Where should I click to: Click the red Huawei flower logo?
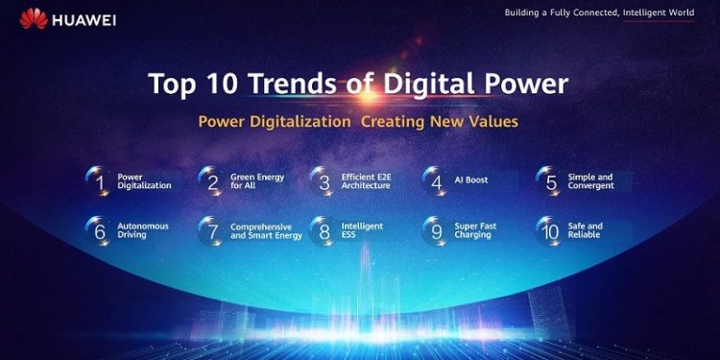(34, 19)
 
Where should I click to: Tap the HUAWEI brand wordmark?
(84, 20)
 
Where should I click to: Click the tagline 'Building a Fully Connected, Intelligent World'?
(599, 12)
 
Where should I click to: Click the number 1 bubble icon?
(98, 181)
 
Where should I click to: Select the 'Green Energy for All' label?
(257, 180)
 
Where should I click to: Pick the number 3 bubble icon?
(324, 181)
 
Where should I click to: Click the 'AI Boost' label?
(471, 180)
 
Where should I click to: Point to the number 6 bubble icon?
(98, 231)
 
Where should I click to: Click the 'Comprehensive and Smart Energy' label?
(266, 231)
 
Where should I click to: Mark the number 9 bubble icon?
(436, 231)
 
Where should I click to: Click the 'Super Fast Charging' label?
(475, 230)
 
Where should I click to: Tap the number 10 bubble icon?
(550, 231)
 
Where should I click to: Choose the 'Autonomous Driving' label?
(143, 230)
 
